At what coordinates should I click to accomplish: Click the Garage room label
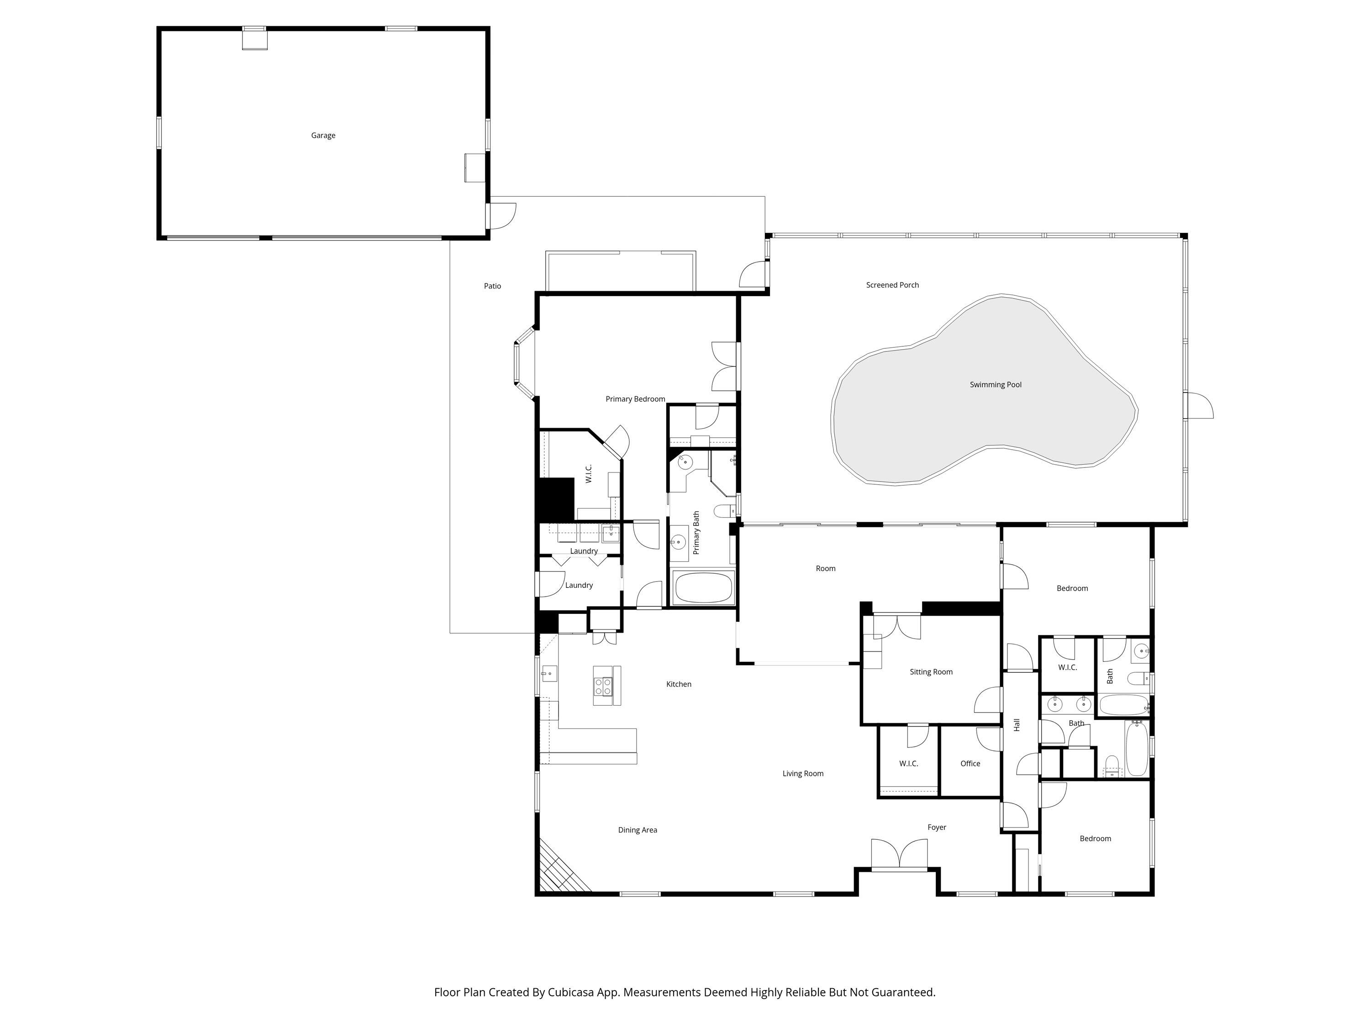(x=323, y=136)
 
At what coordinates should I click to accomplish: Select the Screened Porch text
(x=892, y=285)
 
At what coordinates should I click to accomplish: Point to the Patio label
(x=492, y=286)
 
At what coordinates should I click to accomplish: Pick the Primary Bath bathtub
(x=703, y=587)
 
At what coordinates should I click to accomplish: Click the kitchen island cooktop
(x=603, y=686)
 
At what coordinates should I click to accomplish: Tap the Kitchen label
(x=678, y=684)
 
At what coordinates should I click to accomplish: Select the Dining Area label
(x=638, y=830)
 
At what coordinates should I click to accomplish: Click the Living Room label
(x=803, y=773)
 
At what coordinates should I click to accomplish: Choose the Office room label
(x=970, y=763)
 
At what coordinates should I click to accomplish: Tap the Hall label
(x=1017, y=725)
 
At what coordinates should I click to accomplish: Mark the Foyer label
(x=937, y=827)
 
